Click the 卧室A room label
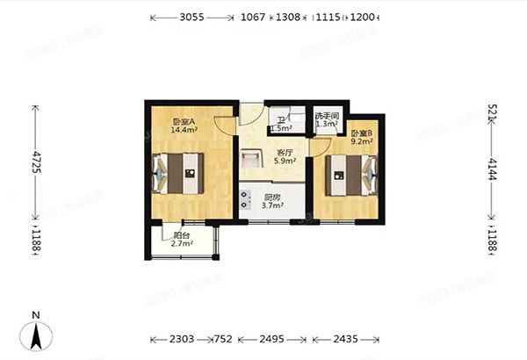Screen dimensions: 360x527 159,121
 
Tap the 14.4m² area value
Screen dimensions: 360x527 159,130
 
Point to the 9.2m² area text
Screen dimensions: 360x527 361,140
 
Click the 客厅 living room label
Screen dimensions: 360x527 282,152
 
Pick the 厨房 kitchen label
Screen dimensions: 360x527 272,198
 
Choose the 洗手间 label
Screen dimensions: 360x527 327,116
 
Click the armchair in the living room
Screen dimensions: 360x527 250,159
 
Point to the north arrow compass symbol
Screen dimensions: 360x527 36,333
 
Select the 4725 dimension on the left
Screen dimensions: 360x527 36,163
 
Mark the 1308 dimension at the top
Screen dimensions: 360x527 287,17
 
